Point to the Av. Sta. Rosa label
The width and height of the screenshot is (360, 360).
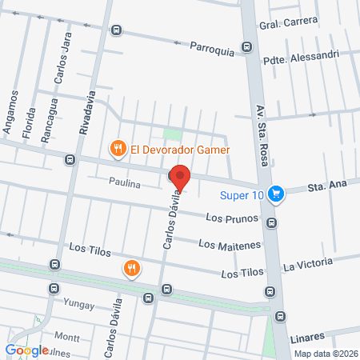[x=261, y=135]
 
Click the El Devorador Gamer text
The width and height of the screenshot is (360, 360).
[x=181, y=148]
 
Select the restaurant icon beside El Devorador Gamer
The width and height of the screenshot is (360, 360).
[x=118, y=148]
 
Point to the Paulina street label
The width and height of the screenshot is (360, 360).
[x=125, y=183]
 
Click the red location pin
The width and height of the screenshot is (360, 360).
[x=180, y=178]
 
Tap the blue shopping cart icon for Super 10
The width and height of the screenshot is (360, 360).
[x=276, y=193]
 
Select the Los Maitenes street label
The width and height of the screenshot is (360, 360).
[x=218, y=244]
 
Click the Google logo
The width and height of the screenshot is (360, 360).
[x=26, y=350]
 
